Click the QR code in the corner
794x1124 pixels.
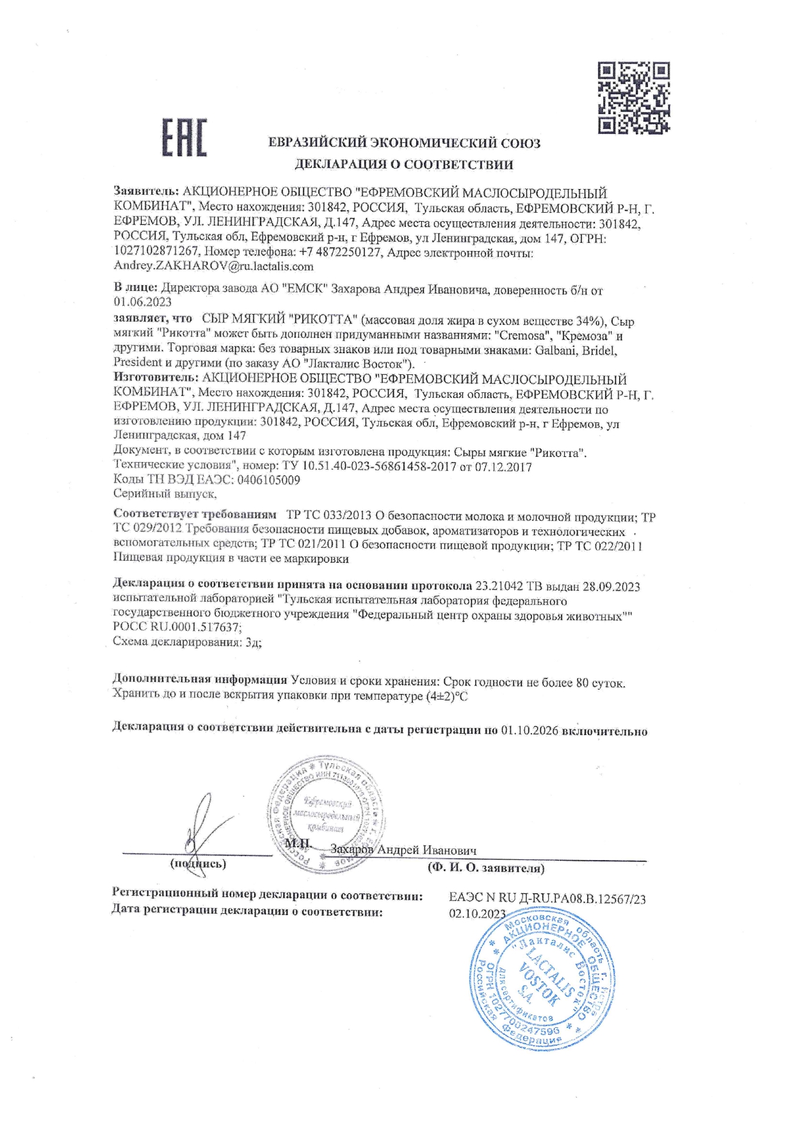pos(634,97)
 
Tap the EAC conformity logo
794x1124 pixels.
pos(183,137)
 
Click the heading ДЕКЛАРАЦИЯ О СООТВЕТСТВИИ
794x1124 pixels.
pos(403,165)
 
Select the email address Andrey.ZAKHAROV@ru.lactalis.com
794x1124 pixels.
pos(213,266)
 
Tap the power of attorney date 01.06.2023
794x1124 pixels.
pos(142,302)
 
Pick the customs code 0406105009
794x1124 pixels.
pos(268,479)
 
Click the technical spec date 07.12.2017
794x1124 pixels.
pos(503,467)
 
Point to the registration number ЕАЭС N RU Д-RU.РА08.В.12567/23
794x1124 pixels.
pos(547,899)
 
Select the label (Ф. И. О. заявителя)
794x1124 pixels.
pos(486,869)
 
